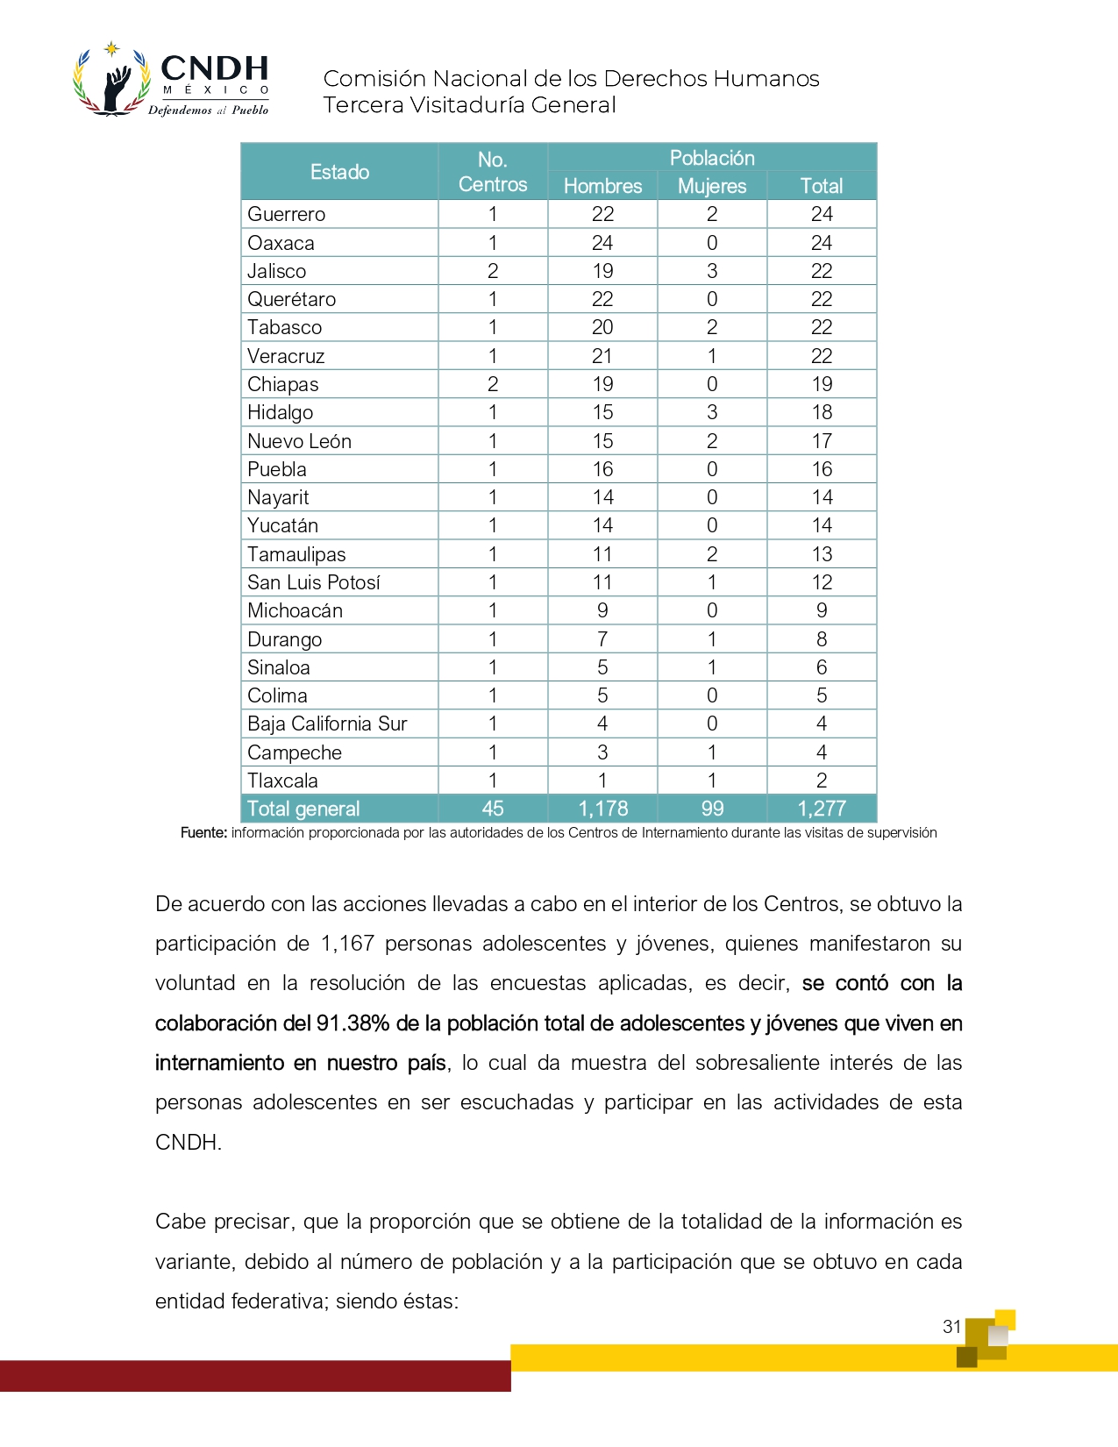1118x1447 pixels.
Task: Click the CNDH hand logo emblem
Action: tap(111, 81)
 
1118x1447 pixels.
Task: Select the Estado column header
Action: tap(339, 172)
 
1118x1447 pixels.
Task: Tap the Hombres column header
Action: tap(602, 186)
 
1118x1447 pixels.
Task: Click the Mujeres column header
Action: tap(712, 186)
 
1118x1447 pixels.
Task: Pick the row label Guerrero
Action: tap(287, 214)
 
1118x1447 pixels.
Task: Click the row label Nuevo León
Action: tap(299, 441)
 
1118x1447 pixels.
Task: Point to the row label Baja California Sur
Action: tap(327, 723)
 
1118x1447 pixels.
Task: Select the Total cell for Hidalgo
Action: tap(822, 412)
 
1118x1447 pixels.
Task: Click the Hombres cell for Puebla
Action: tap(602, 469)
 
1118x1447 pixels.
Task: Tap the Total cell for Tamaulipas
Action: tap(822, 554)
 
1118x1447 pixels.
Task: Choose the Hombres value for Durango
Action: tap(602, 639)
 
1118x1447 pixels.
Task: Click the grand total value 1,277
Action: tap(822, 809)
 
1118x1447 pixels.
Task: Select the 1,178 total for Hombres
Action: tap(602, 809)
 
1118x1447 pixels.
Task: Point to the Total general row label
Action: tap(303, 809)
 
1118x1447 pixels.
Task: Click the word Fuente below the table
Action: tap(203, 833)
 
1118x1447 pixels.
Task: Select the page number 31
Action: tap(952, 1327)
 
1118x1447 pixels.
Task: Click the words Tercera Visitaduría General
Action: tap(469, 105)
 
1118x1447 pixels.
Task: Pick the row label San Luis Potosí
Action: tap(314, 582)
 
